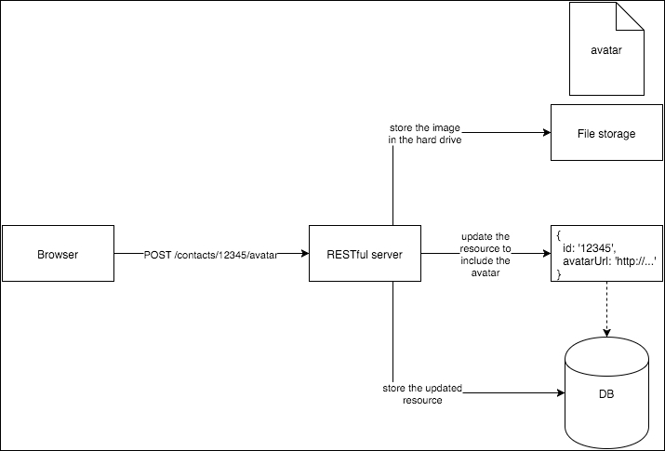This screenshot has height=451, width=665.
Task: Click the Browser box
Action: tap(58, 253)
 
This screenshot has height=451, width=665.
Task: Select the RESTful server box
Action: tap(366, 253)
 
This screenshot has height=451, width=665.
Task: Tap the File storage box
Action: tap(605, 134)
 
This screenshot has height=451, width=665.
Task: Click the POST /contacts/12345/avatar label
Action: tap(211, 254)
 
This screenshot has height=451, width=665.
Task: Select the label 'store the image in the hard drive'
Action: tap(425, 133)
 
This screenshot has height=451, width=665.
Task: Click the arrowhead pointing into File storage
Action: tap(546, 134)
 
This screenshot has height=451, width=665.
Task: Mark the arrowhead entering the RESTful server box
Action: tap(304, 253)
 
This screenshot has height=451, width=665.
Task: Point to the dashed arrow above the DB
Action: tap(605, 307)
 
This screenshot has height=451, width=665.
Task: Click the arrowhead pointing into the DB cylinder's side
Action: tap(561, 393)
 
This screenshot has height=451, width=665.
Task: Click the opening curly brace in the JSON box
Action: tap(558, 234)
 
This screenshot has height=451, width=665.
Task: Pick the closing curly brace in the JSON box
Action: tap(558, 273)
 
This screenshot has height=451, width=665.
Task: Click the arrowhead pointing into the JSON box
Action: tap(546, 253)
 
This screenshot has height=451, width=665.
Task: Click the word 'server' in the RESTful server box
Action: tap(385, 253)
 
